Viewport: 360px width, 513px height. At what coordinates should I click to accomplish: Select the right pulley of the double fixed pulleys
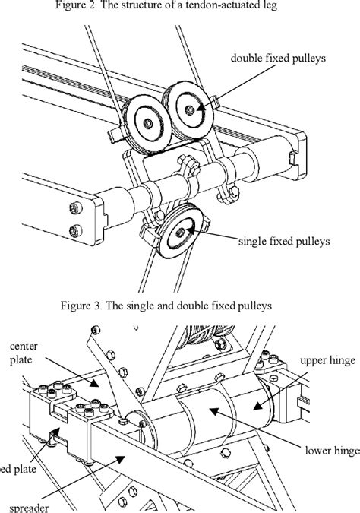[x=188, y=110]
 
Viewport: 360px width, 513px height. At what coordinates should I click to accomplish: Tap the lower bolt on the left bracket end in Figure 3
[x=71, y=230]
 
